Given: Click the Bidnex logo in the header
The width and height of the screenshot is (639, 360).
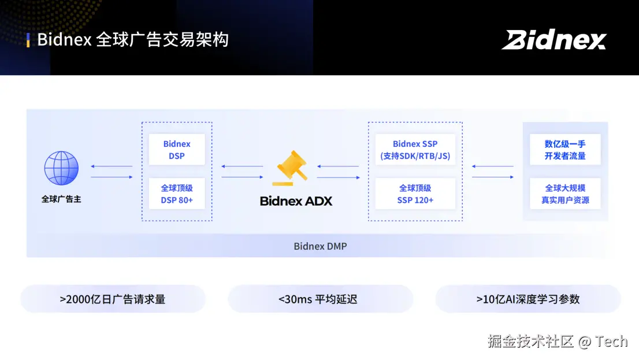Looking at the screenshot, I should (x=553, y=40).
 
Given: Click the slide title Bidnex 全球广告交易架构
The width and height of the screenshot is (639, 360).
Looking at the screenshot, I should (x=133, y=40).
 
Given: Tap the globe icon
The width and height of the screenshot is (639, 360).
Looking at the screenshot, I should (x=61, y=168).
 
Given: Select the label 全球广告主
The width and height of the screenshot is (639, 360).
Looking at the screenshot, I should (x=61, y=199).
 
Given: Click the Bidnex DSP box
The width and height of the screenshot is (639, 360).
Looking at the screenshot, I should (x=176, y=150).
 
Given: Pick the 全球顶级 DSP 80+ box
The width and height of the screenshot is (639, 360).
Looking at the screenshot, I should (x=176, y=194).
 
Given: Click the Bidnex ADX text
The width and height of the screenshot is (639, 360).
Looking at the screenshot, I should (x=296, y=201).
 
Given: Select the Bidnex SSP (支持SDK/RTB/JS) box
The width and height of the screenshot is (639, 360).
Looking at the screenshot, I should (x=415, y=150).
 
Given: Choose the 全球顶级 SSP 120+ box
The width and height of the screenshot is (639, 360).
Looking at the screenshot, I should (x=415, y=194).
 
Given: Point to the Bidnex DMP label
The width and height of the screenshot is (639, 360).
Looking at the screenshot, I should (x=320, y=246).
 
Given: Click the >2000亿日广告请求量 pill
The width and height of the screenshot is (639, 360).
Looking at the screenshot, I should (x=113, y=299).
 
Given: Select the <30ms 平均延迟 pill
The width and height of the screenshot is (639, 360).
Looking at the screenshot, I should (x=320, y=299).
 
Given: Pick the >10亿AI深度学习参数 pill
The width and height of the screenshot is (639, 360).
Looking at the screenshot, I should (x=527, y=299).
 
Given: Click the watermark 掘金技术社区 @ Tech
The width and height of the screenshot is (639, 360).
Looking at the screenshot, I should (x=557, y=342).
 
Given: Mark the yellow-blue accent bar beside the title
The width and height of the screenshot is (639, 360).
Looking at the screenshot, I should (x=28, y=40).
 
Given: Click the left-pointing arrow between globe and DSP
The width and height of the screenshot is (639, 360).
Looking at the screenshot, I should (x=112, y=167).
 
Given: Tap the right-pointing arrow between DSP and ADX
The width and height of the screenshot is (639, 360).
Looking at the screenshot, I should (x=243, y=177).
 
